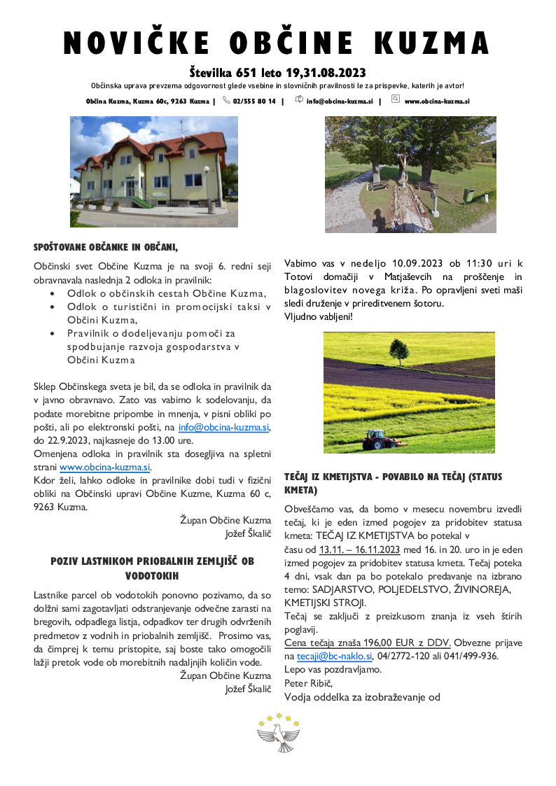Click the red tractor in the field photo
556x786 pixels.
coord(379,439)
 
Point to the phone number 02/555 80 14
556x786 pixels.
coord(254,101)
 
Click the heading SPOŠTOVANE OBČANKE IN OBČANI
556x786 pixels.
coord(106,246)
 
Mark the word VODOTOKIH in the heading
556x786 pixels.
coord(152,575)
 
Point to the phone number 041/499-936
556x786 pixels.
coord(471,656)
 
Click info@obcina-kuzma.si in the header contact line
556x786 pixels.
coord(340,101)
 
